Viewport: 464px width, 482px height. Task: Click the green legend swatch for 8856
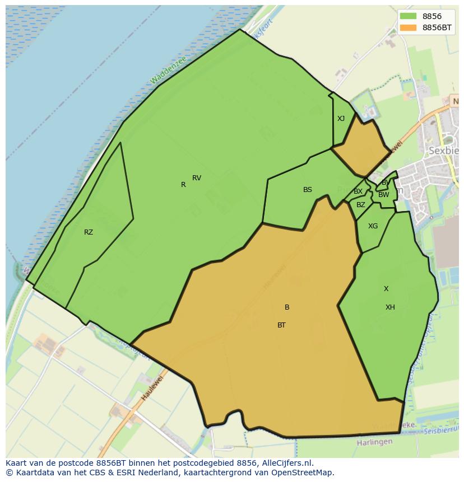click(x=408, y=16)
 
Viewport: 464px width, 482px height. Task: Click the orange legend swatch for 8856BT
click(x=408, y=27)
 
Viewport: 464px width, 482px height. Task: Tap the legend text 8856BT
click(x=437, y=27)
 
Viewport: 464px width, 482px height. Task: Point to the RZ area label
click(x=89, y=232)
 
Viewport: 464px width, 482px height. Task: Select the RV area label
click(x=197, y=178)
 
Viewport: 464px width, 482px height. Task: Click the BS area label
click(x=308, y=190)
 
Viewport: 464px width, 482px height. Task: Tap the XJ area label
click(x=341, y=119)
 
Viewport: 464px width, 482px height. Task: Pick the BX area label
click(x=358, y=191)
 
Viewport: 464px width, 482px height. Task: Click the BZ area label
click(x=361, y=205)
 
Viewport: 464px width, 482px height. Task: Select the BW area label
click(x=383, y=195)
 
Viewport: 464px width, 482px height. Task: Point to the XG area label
click(x=373, y=226)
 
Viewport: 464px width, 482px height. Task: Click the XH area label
click(x=390, y=307)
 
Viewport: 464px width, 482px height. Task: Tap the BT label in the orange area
click(x=281, y=325)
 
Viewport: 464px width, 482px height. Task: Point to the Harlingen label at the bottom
click(x=374, y=442)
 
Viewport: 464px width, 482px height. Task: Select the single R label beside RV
click(x=183, y=185)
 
